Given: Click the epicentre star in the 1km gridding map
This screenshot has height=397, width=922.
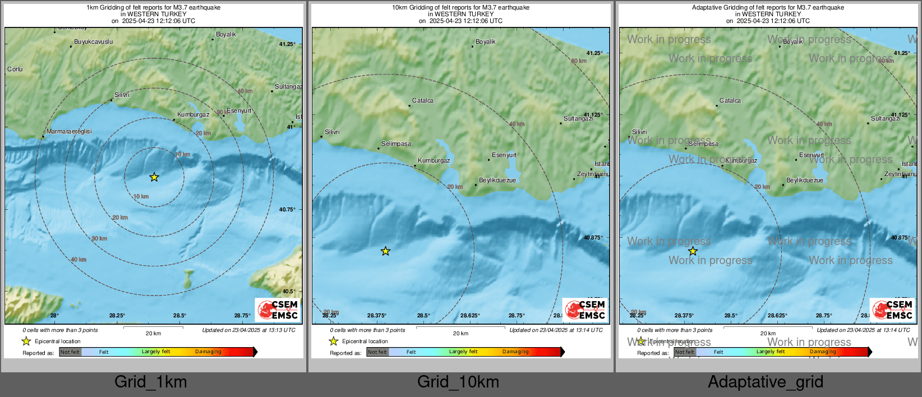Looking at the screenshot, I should click(x=154, y=177).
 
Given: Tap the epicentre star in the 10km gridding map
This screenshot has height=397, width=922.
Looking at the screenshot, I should click(x=385, y=251).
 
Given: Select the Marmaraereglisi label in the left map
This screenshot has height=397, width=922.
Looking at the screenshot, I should click(x=69, y=131).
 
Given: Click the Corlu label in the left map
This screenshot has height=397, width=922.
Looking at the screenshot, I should click(x=15, y=69).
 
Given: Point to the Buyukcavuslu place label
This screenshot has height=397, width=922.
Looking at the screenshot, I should click(x=94, y=41).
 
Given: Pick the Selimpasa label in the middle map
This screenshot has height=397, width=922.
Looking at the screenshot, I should click(x=396, y=144).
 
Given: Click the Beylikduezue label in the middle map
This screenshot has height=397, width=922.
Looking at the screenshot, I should click(x=497, y=180).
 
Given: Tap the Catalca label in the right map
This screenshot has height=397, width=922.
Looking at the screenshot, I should click(x=730, y=100).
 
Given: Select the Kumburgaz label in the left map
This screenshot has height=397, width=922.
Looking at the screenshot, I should click(x=193, y=114).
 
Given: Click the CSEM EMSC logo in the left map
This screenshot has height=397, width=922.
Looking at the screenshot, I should click(x=278, y=310).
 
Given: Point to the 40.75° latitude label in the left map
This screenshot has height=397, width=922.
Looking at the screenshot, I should click(x=287, y=209).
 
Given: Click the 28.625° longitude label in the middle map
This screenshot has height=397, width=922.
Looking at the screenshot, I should click(x=470, y=315).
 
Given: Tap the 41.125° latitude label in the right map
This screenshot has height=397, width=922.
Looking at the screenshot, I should click(x=900, y=114).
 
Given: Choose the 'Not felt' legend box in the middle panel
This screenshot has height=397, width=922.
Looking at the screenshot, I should click(x=377, y=352).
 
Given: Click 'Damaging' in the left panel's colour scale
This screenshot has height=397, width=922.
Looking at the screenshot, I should click(x=208, y=352).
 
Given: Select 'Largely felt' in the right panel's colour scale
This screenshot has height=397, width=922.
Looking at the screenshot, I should click(x=771, y=352).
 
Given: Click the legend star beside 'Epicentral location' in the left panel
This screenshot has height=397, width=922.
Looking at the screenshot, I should click(x=26, y=341).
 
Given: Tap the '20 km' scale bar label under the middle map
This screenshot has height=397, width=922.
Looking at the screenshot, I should click(x=460, y=333).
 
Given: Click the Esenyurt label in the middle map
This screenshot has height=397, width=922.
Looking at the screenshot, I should click(x=504, y=155).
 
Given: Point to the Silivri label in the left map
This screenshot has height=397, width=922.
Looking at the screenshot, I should click(x=122, y=95).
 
